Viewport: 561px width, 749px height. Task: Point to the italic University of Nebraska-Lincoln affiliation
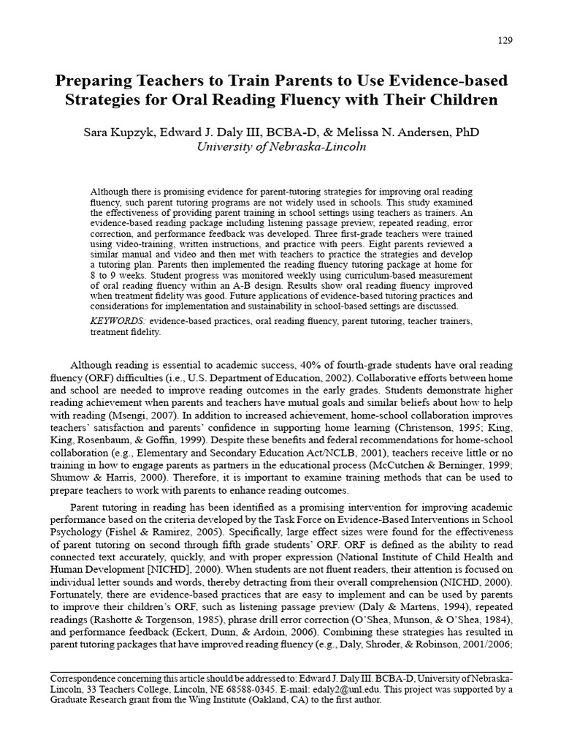[x=280, y=146]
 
